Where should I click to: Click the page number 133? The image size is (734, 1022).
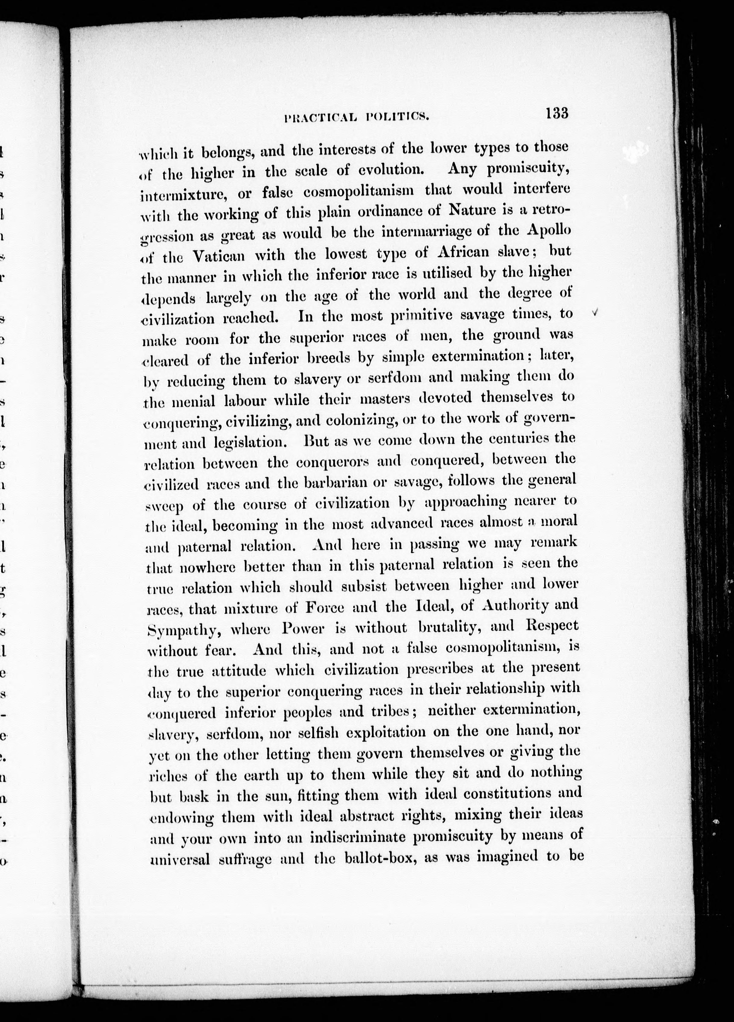tap(557, 113)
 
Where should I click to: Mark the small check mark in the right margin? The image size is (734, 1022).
tap(596, 312)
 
